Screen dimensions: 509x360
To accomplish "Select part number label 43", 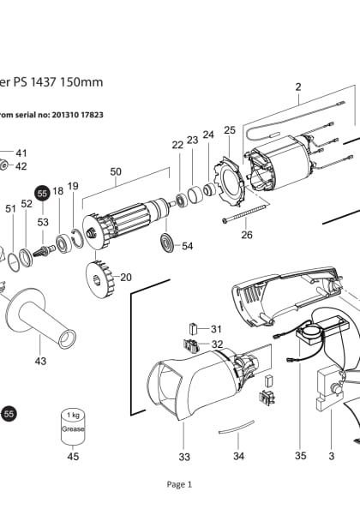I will (40, 361).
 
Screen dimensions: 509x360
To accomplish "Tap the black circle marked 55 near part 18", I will (42, 195).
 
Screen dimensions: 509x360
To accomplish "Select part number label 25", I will (229, 130).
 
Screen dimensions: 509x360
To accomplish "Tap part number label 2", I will (298, 87).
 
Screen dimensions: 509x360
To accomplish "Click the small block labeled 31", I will (194, 328).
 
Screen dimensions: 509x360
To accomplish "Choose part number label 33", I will (183, 456).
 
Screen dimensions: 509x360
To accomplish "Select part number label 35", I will (300, 456).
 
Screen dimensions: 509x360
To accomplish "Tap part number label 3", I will (331, 456).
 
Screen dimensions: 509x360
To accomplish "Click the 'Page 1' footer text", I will (179, 484).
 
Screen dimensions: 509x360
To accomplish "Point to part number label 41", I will (21, 152).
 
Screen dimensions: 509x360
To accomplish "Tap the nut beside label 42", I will (4, 165).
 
